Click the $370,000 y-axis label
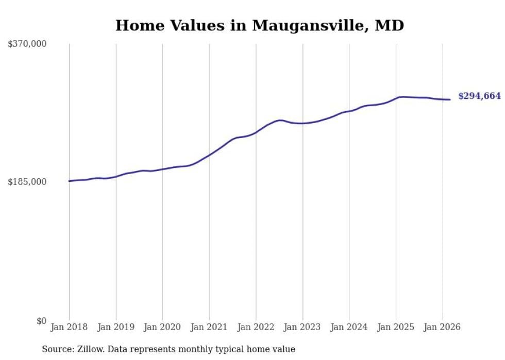click(27, 44)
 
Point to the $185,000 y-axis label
click(27, 182)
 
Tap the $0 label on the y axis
click(41, 321)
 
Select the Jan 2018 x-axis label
click(69, 327)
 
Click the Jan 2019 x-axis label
click(116, 327)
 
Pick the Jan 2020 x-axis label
click(162, 327)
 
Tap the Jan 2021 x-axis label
click(209, 327)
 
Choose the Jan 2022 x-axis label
click(256, 327)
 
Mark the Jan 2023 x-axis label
click(302, 327)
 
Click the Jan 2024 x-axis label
click(349, 327)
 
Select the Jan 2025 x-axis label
click(396, 327)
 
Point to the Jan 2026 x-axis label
click(442, 327)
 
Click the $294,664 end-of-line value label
click(479, 96)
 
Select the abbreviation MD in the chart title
click(390, 26)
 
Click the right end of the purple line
click(450, 99)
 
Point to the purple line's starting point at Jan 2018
click(70, 181)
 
